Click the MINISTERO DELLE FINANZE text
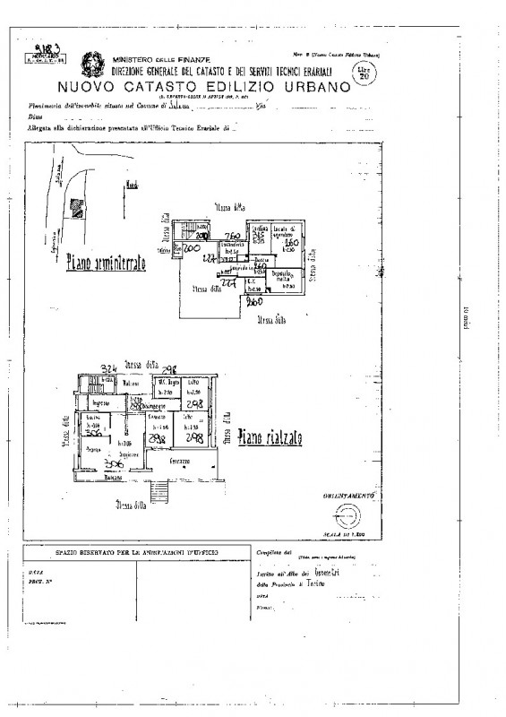[x=150, y=59]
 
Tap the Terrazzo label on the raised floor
[x=184, y=460]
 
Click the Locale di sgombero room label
[x=287, y=232]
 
